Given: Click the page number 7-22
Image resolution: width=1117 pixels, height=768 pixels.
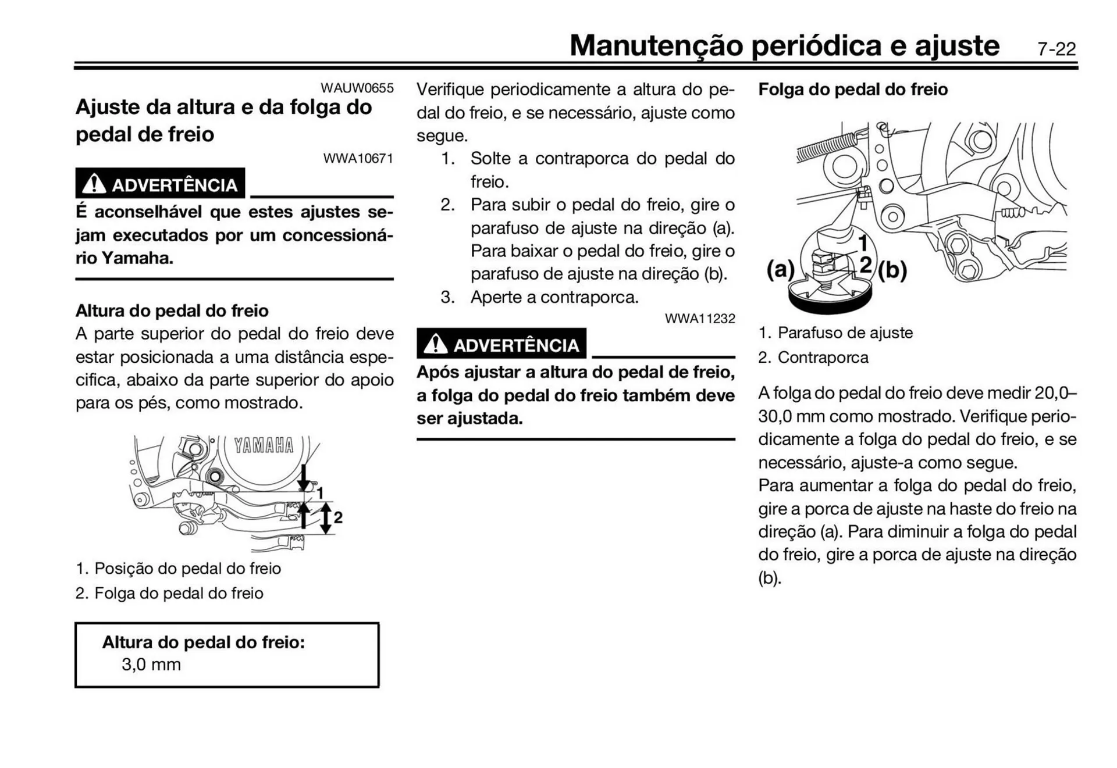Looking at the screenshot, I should point(1056,49).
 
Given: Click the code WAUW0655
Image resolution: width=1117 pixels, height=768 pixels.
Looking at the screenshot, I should point(357,88).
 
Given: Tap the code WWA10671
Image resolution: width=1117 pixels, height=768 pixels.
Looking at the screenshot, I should point(358,158).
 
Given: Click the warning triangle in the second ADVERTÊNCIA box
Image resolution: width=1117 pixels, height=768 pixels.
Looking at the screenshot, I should point(435,344).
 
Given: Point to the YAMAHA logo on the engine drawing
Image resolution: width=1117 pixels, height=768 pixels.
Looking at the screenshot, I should point(264,446).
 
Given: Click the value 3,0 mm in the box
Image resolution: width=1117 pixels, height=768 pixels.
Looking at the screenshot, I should point(151,665).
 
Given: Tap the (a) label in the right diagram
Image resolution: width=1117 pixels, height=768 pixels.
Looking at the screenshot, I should point(780,269).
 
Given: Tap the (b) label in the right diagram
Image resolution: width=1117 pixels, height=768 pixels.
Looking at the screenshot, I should point(892,270).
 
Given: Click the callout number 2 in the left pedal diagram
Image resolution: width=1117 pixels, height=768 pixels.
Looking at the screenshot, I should point(338,517).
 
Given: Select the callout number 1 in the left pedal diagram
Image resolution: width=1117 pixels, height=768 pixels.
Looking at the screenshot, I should point(320,493).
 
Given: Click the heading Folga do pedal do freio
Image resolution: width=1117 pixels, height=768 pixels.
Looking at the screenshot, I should point(852,90).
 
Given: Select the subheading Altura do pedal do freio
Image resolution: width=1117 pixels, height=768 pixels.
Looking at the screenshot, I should point(172,310).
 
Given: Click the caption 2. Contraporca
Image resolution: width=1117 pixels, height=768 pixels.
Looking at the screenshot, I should point(813,358).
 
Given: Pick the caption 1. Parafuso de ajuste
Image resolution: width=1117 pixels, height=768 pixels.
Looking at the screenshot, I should point(835,333).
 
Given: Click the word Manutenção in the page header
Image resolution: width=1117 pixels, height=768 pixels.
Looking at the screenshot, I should point(656,46).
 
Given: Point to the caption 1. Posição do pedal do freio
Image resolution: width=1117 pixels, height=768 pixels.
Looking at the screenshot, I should point(178,568).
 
